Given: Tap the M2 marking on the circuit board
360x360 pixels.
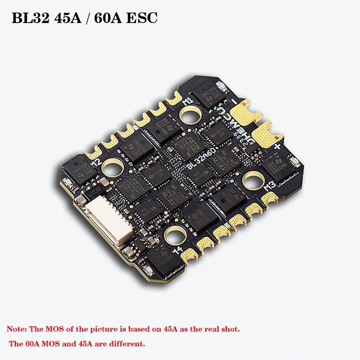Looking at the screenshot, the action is (96, 162).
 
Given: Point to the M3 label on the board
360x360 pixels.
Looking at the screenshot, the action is (270, 187).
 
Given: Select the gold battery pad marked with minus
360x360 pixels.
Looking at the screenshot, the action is (246, 113).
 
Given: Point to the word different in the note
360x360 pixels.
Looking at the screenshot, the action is (127, 344).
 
